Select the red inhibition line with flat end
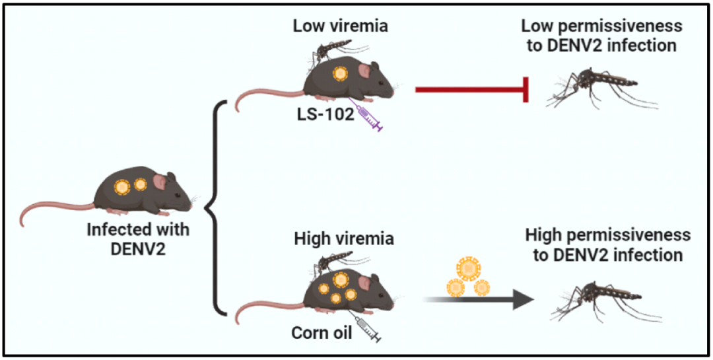click(x=472, y=90)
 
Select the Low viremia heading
click(x=341, y=26)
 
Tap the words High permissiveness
click(x=607, y=236)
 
